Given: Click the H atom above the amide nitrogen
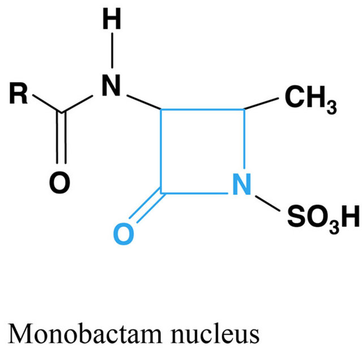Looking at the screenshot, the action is click(x=112, y=19).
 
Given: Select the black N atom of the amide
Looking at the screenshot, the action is click(x=111, y=85).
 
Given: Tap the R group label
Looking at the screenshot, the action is click(x=18, y=93).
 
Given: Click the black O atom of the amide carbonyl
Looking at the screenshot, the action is click(x=59, y=183).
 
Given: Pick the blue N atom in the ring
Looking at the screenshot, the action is click(x=242, y=184).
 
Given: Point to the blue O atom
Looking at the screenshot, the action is click(x=124, y=233).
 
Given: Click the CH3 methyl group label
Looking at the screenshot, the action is click(x=311, y=99).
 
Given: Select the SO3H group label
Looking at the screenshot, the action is click(x=324, y=218).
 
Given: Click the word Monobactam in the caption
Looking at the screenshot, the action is click(x=85, y=334).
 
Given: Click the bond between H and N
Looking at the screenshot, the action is click(x=112, y=50).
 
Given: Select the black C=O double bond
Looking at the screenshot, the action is click(x=62, y=138).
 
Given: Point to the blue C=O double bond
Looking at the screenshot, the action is click(x=147, y=206).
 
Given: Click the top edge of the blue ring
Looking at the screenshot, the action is click(x=202, y=109).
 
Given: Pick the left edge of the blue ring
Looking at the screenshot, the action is click(x=161, y=151).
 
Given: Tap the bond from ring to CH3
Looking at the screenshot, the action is click(x=261, y=103).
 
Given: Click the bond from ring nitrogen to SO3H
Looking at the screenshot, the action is click(x=268, y=203).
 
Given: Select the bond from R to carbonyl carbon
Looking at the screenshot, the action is click(x=47, y=104).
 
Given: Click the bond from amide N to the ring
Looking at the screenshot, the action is click(x=144, y=102).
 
